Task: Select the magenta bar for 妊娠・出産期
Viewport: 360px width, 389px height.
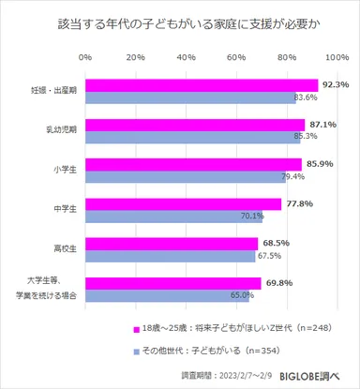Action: point(202,84)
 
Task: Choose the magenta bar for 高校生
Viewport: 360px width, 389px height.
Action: point(172,243)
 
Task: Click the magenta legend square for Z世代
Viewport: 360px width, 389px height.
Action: point(123,329)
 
